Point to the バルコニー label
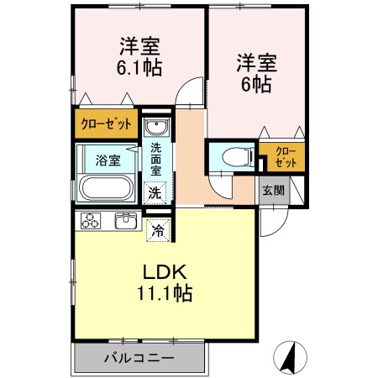pyautogui.click(x=139, y=358)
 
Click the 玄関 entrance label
pyautogui.click(x=272, y=190)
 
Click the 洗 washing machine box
pyautogui.click(x=155, y=192)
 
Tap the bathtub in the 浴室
pyautogui.click(x=106, y=187)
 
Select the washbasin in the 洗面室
pyautogui.click(x=155, y=128)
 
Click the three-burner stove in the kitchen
pyautogui.click(x=92, y=222)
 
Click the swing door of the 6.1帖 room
pyautogui.click(x=193, y=91)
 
